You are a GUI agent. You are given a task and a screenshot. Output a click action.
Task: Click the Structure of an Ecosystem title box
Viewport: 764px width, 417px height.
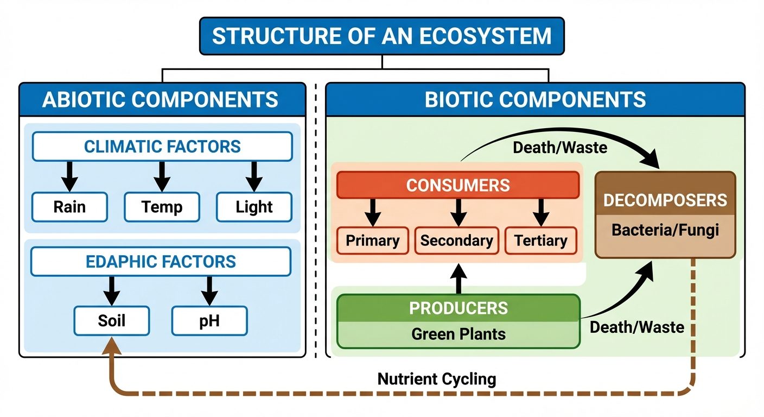[381, 36]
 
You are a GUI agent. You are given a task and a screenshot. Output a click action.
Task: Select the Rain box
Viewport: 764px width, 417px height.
[69, 207]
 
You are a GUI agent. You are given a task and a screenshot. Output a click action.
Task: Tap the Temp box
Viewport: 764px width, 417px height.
[162, 207]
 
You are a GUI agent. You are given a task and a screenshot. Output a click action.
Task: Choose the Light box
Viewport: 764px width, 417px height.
[254, 207]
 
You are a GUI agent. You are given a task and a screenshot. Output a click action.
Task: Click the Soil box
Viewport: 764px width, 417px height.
[111, 320]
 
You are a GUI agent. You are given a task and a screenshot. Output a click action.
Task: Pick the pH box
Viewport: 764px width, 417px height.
[209, 320]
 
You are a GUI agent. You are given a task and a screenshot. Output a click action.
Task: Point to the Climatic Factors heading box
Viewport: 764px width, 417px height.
[162, 146]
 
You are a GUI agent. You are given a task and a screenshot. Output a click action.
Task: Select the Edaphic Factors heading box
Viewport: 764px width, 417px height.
[161, 262]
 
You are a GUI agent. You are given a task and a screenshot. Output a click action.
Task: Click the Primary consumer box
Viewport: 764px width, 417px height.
[372, 241]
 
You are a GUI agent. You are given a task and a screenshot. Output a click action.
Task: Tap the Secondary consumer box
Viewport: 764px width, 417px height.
[456, 241]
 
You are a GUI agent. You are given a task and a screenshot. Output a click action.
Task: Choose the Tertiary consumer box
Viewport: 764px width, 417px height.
[540, 241]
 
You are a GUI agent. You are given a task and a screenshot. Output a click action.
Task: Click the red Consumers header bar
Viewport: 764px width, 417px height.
[458, 185]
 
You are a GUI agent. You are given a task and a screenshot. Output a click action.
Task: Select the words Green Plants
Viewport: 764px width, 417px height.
[458, 333]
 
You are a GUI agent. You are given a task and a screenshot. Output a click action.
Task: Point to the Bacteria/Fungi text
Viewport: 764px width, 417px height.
[665, 230]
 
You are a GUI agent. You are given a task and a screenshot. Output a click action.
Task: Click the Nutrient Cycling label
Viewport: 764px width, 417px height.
[436, 378]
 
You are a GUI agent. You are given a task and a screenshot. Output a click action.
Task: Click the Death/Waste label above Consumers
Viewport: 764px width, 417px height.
[559, 147]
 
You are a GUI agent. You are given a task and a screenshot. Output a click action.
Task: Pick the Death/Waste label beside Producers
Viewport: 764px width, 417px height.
[636, 327]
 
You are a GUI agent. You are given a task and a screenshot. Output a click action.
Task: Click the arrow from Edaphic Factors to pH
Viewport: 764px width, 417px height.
[209, 290]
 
